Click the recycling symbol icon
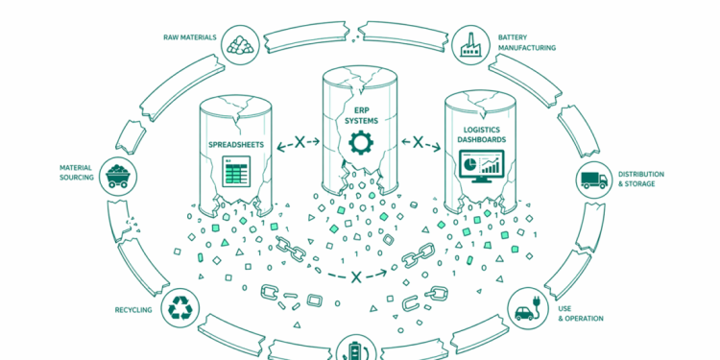click(x=181, y=308)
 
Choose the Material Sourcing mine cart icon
click(x=119, y=174)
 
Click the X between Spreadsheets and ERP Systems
click(x=300, y=143)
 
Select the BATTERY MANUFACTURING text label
click(x=525, y=43)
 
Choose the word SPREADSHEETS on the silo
click(x=235, y=144)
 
